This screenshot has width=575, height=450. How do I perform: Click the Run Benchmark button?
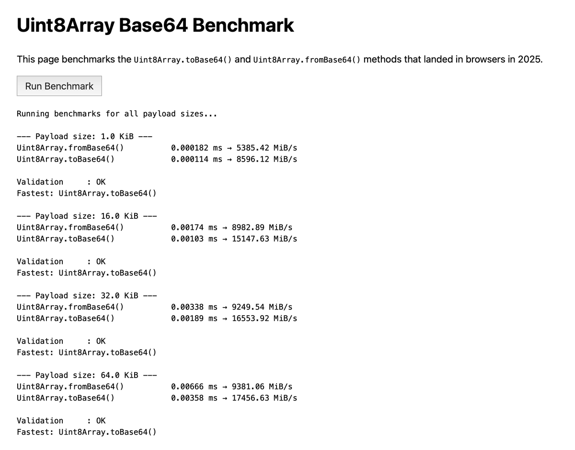point(59,86)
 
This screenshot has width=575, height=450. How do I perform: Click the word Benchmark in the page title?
point(243,25)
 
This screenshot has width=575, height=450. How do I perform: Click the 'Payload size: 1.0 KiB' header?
point(84,136)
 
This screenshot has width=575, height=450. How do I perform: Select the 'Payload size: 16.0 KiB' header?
point(87,216)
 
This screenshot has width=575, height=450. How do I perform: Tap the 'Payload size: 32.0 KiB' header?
point(87,296)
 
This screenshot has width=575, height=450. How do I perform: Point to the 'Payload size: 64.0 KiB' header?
point(87,375)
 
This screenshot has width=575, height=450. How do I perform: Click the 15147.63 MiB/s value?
point(264,239)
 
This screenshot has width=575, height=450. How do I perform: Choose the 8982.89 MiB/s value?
point(262,227)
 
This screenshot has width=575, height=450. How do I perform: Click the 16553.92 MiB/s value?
point(264,319)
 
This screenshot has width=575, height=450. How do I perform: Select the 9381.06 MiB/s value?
point(262,387)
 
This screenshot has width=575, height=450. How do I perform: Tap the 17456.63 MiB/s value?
point(264,398)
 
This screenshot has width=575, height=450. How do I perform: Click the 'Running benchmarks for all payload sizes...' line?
point(117,114)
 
